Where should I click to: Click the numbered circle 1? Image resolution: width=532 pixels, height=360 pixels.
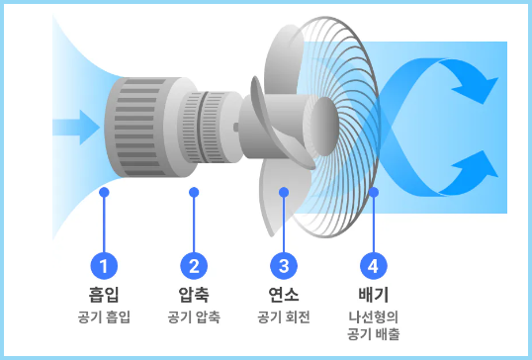coord(105,265)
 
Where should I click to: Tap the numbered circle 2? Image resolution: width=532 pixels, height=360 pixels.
coord(194,265)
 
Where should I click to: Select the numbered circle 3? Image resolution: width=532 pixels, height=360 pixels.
coord(284,265)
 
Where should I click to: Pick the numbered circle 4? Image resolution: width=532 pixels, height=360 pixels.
coord(373,265)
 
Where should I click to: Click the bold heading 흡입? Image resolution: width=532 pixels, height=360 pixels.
coord(105,294)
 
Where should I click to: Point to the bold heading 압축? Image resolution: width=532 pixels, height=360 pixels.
coord(194,294)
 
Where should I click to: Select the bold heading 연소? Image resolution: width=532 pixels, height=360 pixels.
coord(284,294)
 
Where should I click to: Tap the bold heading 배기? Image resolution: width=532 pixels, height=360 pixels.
coord(373,294)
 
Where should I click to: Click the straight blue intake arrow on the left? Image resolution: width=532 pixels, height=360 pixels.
coord(75,126)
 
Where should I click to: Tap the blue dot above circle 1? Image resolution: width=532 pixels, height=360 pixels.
coord(105,193)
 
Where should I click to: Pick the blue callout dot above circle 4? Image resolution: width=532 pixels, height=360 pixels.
coord(373,193)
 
